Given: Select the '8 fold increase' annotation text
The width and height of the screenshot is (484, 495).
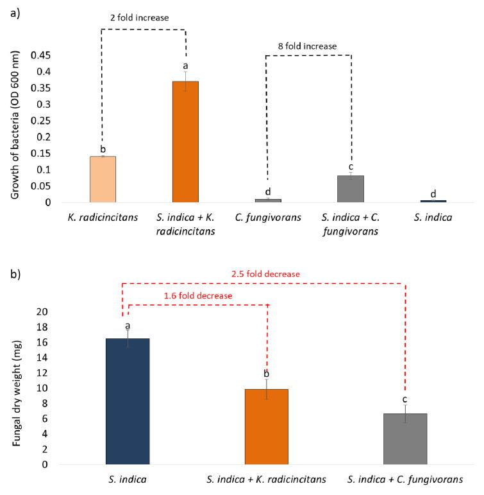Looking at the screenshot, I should [x=309, y=46].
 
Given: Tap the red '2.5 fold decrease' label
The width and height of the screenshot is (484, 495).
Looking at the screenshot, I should [x=265, y=274].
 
